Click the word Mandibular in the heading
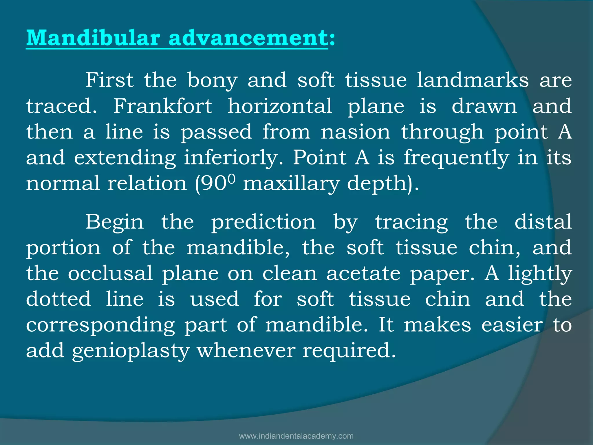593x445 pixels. coord(93,38)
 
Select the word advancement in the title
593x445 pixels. coord(248,38)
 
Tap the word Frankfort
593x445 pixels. coord(162,106)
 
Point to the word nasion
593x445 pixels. coord(356,132)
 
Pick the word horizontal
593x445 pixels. coord(280,106)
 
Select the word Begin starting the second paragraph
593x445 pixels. coord(114,222)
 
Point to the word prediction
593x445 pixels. coord(263,222)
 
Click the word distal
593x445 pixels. coord(543,222)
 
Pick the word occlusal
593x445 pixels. coord(110,273)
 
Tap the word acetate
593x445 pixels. coord(363,273)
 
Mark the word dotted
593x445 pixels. coord(58,299)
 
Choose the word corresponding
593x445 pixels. coord(100,325)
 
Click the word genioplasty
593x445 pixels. coord(131,351)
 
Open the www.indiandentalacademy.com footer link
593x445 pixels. coord(296,436)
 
